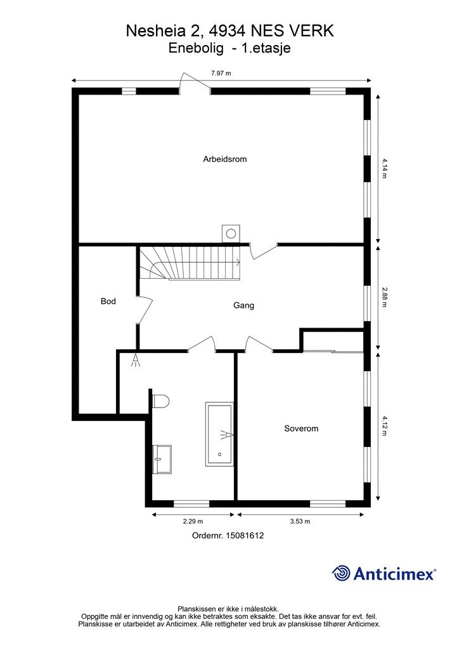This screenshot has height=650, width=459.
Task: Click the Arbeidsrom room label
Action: click(x=224, y=159)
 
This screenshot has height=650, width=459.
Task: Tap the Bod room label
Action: click(x=108, y=302)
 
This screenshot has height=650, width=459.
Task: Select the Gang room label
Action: click(x=243, y=305)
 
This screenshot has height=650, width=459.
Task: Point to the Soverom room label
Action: click(x=301, y=428)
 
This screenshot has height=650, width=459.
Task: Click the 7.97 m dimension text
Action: click(x=221, y=74)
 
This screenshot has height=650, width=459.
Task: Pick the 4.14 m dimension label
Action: click(x=384, y=168)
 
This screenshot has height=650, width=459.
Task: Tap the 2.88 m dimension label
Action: click(x=384, y=297)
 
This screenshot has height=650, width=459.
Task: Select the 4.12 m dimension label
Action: click(x=384, y=426)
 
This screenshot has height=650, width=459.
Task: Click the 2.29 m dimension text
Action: click(x=193, y=522)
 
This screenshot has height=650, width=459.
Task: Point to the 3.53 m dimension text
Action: click(x=300, y=522)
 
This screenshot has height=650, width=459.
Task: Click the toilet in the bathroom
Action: click(x=160, y=401)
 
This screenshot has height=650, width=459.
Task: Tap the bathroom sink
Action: click(x=162, y=460)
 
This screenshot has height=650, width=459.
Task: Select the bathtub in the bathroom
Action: click(x=219, y=434)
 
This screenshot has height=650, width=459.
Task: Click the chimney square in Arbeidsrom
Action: click(x=231, y=234)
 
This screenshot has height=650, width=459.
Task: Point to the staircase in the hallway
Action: click(x=190, y=263)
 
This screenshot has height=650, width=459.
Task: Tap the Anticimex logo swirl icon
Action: click(x=341, y=573)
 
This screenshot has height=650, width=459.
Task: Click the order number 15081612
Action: click(x=245, y=536)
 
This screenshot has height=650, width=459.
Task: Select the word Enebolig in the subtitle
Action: click(x=196, y=48)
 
